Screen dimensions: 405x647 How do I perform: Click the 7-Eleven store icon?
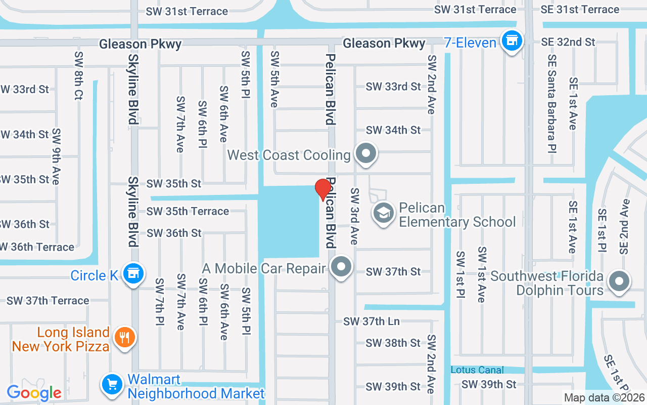pos(512,40)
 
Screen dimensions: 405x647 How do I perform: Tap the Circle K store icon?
pos(133,273)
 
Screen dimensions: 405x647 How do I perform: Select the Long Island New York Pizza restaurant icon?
pos(124,337)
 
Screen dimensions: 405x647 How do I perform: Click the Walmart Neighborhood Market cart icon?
pos(112,384)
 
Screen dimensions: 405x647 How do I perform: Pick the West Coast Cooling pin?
pos(365,153)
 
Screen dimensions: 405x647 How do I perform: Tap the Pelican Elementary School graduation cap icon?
pos(384,213)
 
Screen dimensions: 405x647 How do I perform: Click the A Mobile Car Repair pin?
pos(342,266)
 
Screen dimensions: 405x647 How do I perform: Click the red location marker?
pos(323,189)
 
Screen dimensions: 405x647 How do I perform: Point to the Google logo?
pos(34,392)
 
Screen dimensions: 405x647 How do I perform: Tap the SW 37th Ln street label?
pos(372,321)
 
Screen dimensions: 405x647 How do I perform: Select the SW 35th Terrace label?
pos(188,211)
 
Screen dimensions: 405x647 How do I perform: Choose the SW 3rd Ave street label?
pos(354,216)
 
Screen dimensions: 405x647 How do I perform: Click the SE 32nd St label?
pos(568,42)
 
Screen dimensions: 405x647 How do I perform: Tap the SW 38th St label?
pos(393,343)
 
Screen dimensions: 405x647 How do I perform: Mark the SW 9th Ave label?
pos(56,157)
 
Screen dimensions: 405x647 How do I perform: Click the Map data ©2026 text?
pos(604,398)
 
